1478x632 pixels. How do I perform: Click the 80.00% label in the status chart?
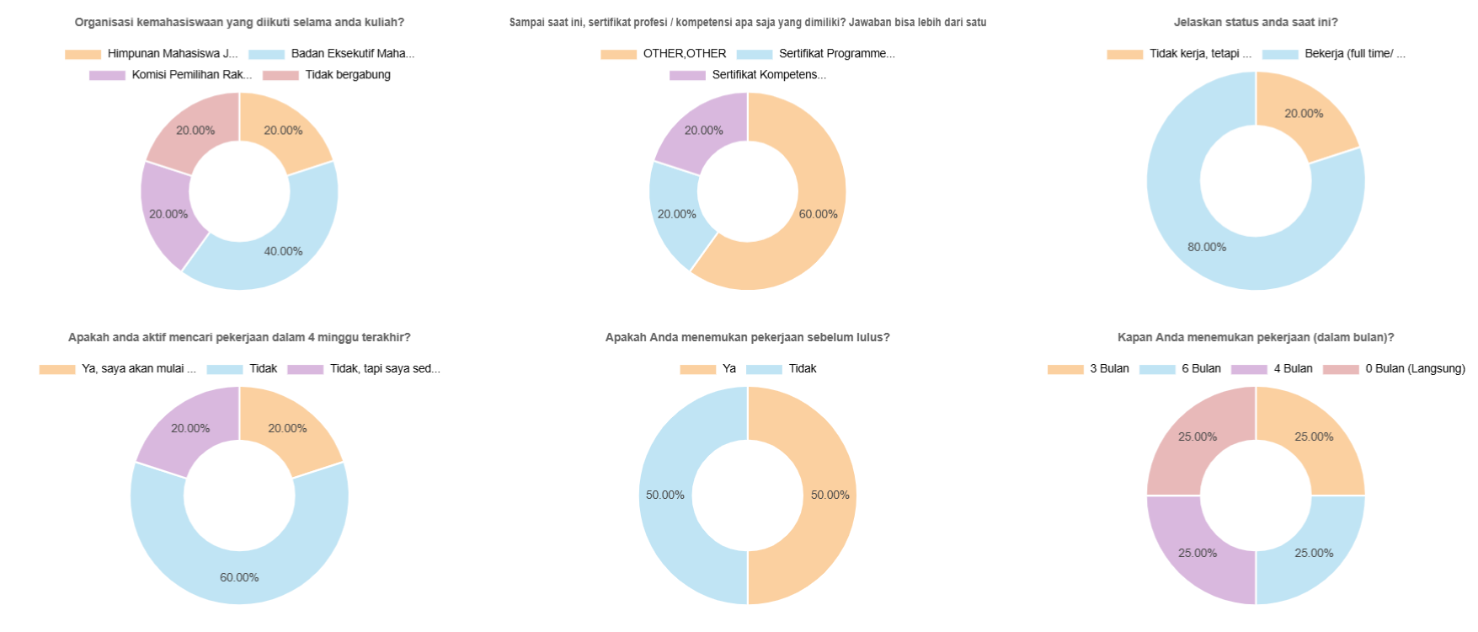point(1206,247)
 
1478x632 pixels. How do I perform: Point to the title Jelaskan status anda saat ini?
point(1256,23)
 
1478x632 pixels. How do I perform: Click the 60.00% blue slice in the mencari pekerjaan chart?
point(239,565)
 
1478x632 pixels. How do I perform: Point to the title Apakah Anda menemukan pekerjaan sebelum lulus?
point(747,338)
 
